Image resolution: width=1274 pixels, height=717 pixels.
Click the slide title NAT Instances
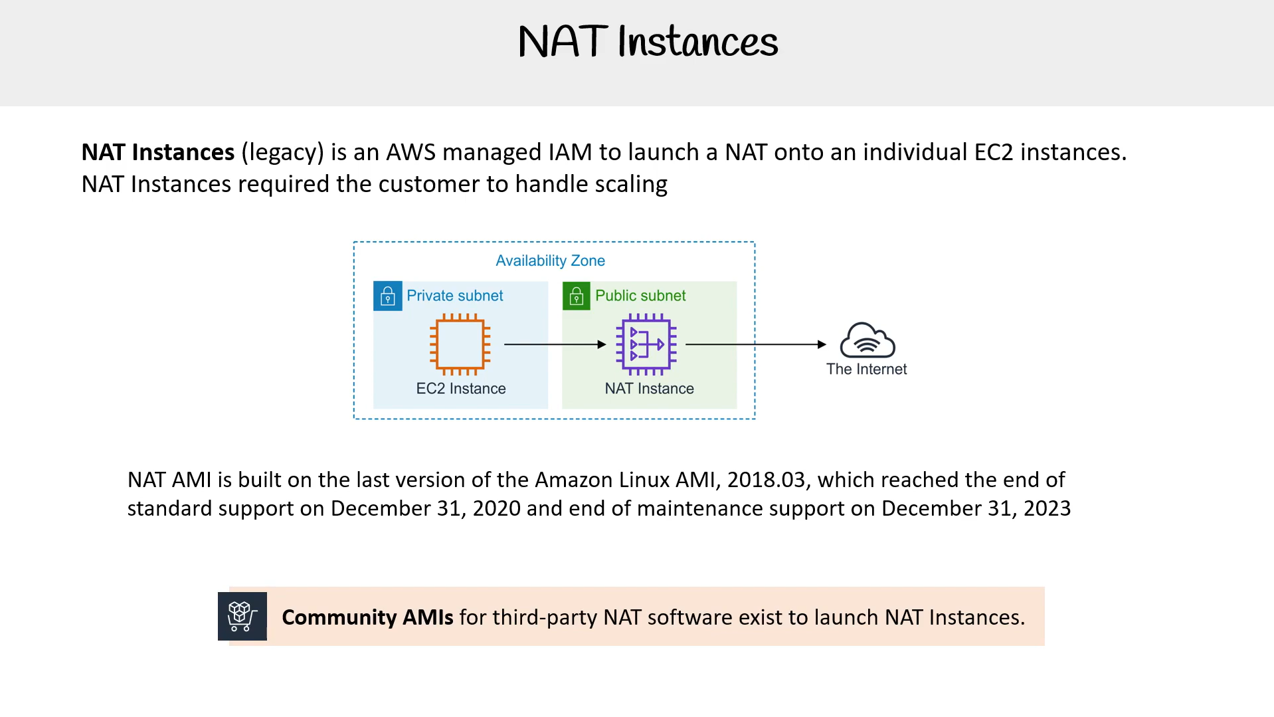648,41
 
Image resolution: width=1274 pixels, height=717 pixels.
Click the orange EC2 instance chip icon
460,344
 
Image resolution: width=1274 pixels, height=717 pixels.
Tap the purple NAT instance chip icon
646,344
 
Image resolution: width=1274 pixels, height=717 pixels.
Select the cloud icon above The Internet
867,340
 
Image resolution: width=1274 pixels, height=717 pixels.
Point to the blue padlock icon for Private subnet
388,296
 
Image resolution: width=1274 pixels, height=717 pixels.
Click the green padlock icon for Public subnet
577,296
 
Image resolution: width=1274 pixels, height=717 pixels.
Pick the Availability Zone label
550,260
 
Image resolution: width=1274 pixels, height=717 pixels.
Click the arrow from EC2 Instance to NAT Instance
555,344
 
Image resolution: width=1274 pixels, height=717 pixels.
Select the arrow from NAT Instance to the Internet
756,344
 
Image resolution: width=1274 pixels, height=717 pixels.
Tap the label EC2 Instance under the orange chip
461,389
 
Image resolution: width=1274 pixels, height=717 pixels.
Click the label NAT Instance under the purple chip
649,389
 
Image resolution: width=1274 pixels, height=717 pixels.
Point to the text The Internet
866,369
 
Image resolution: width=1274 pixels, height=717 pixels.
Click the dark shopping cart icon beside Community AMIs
242,616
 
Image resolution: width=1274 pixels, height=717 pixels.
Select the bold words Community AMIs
367,617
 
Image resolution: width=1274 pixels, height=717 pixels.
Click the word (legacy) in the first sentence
282,153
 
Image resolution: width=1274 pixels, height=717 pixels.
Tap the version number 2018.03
766,480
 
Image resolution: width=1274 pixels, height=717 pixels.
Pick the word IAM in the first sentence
570,152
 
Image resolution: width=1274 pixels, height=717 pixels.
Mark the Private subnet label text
455,296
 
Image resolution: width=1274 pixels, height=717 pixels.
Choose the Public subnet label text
640,296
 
